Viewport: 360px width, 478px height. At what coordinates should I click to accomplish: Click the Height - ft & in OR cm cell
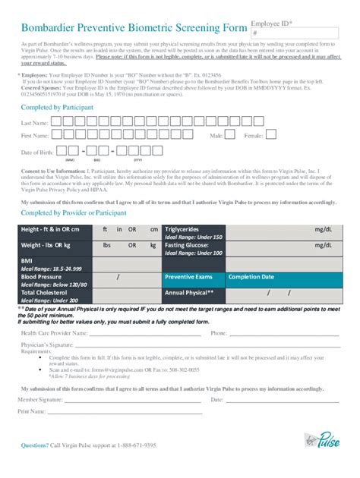coord(53,229)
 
